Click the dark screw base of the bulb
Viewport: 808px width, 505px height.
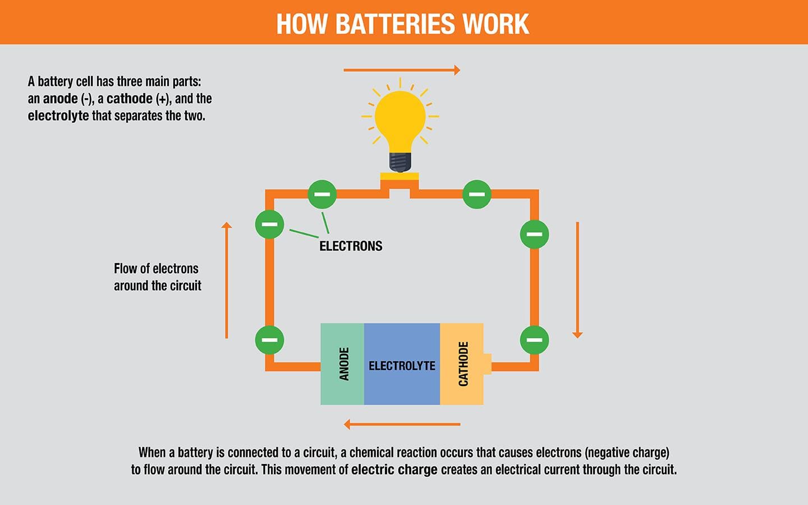tap(400, 162)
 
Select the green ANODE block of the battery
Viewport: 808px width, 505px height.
tap(342, 364)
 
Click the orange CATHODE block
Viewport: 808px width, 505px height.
tap(462, 364)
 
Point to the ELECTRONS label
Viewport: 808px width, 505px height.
tap(351, 246)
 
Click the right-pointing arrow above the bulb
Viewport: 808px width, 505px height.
tap(402, 70)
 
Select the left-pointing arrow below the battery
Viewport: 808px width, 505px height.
tap(402, 424)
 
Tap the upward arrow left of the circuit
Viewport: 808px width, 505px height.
tap(227, 281)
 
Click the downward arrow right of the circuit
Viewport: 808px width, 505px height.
tap(577, 281)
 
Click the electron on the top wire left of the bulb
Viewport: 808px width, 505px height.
tap(322, 194)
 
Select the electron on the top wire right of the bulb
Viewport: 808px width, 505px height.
tap(477, 194)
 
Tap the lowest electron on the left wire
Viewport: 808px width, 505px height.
tap(269, 340)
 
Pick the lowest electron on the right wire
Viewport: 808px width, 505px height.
tap(534, 340)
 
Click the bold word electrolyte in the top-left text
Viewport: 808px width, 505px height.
tap(58, 116)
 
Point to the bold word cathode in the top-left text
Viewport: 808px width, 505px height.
tap(129, 99)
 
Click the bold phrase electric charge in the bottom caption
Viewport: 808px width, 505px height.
tap(394, 470)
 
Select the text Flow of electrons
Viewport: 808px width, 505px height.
tap(156, 269)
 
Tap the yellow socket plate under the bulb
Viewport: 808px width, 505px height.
tap(400, 176)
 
